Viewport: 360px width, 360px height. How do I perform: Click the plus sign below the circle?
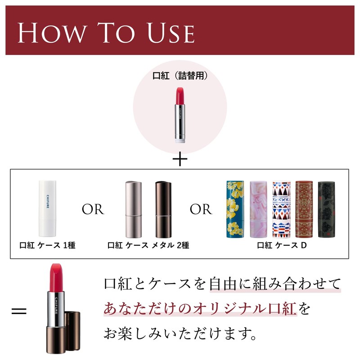[180, 160]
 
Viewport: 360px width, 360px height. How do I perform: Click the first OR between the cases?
[93, 210]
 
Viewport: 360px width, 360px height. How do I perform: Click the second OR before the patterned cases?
[201, 210]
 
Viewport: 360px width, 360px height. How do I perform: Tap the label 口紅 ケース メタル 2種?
[148, 246]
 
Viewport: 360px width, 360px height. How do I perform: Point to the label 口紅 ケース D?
[282, 246]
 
